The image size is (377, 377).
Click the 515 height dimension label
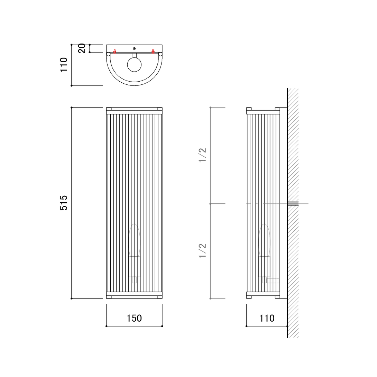click(64, 203)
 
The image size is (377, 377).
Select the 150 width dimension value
click(134, 318)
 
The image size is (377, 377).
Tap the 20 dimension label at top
click(82, 48)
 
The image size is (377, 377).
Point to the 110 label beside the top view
click(64, 65)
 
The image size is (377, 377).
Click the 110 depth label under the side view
click(267, 318)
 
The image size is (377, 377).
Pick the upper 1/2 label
click(202, 155)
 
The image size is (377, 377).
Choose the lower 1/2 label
click(202, 251)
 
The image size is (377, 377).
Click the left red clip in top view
click(115, 52)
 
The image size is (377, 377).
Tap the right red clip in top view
click(153, 52)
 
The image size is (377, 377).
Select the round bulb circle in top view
click(135, 65)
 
